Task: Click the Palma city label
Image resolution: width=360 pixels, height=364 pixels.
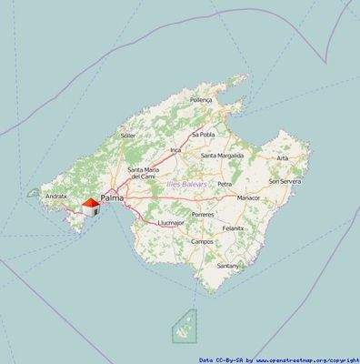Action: click(x=113, y=197)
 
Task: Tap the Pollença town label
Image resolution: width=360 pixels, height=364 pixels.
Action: click(x=201, y=99)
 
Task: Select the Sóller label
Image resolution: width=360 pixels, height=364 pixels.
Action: click(x=128, y=136)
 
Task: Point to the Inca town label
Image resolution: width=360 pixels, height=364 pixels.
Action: click(x=176, y=149)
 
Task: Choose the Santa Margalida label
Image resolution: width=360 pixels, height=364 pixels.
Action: click(x=223, y=156)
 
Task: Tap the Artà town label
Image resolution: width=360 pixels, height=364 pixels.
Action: click(x=283, y=157)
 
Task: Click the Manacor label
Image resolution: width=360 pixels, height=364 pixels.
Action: click(x=248, y=197)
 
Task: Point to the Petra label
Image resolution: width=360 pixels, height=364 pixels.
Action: click(x=225, y=184)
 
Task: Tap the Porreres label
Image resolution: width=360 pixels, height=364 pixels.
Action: click(x=203, y=215)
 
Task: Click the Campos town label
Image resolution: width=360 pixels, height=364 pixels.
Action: click(x=202, y=241)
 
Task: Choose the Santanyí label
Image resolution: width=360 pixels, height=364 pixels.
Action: click(x=229, y=266)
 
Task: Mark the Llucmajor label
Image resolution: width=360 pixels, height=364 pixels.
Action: click(x=170, y=222)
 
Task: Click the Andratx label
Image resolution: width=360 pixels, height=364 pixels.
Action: click(x=56, y=195)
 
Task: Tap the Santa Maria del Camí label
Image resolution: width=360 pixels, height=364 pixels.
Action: click(x=146, y=173)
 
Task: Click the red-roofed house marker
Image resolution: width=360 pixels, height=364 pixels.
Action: click(x=91, y=207)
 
